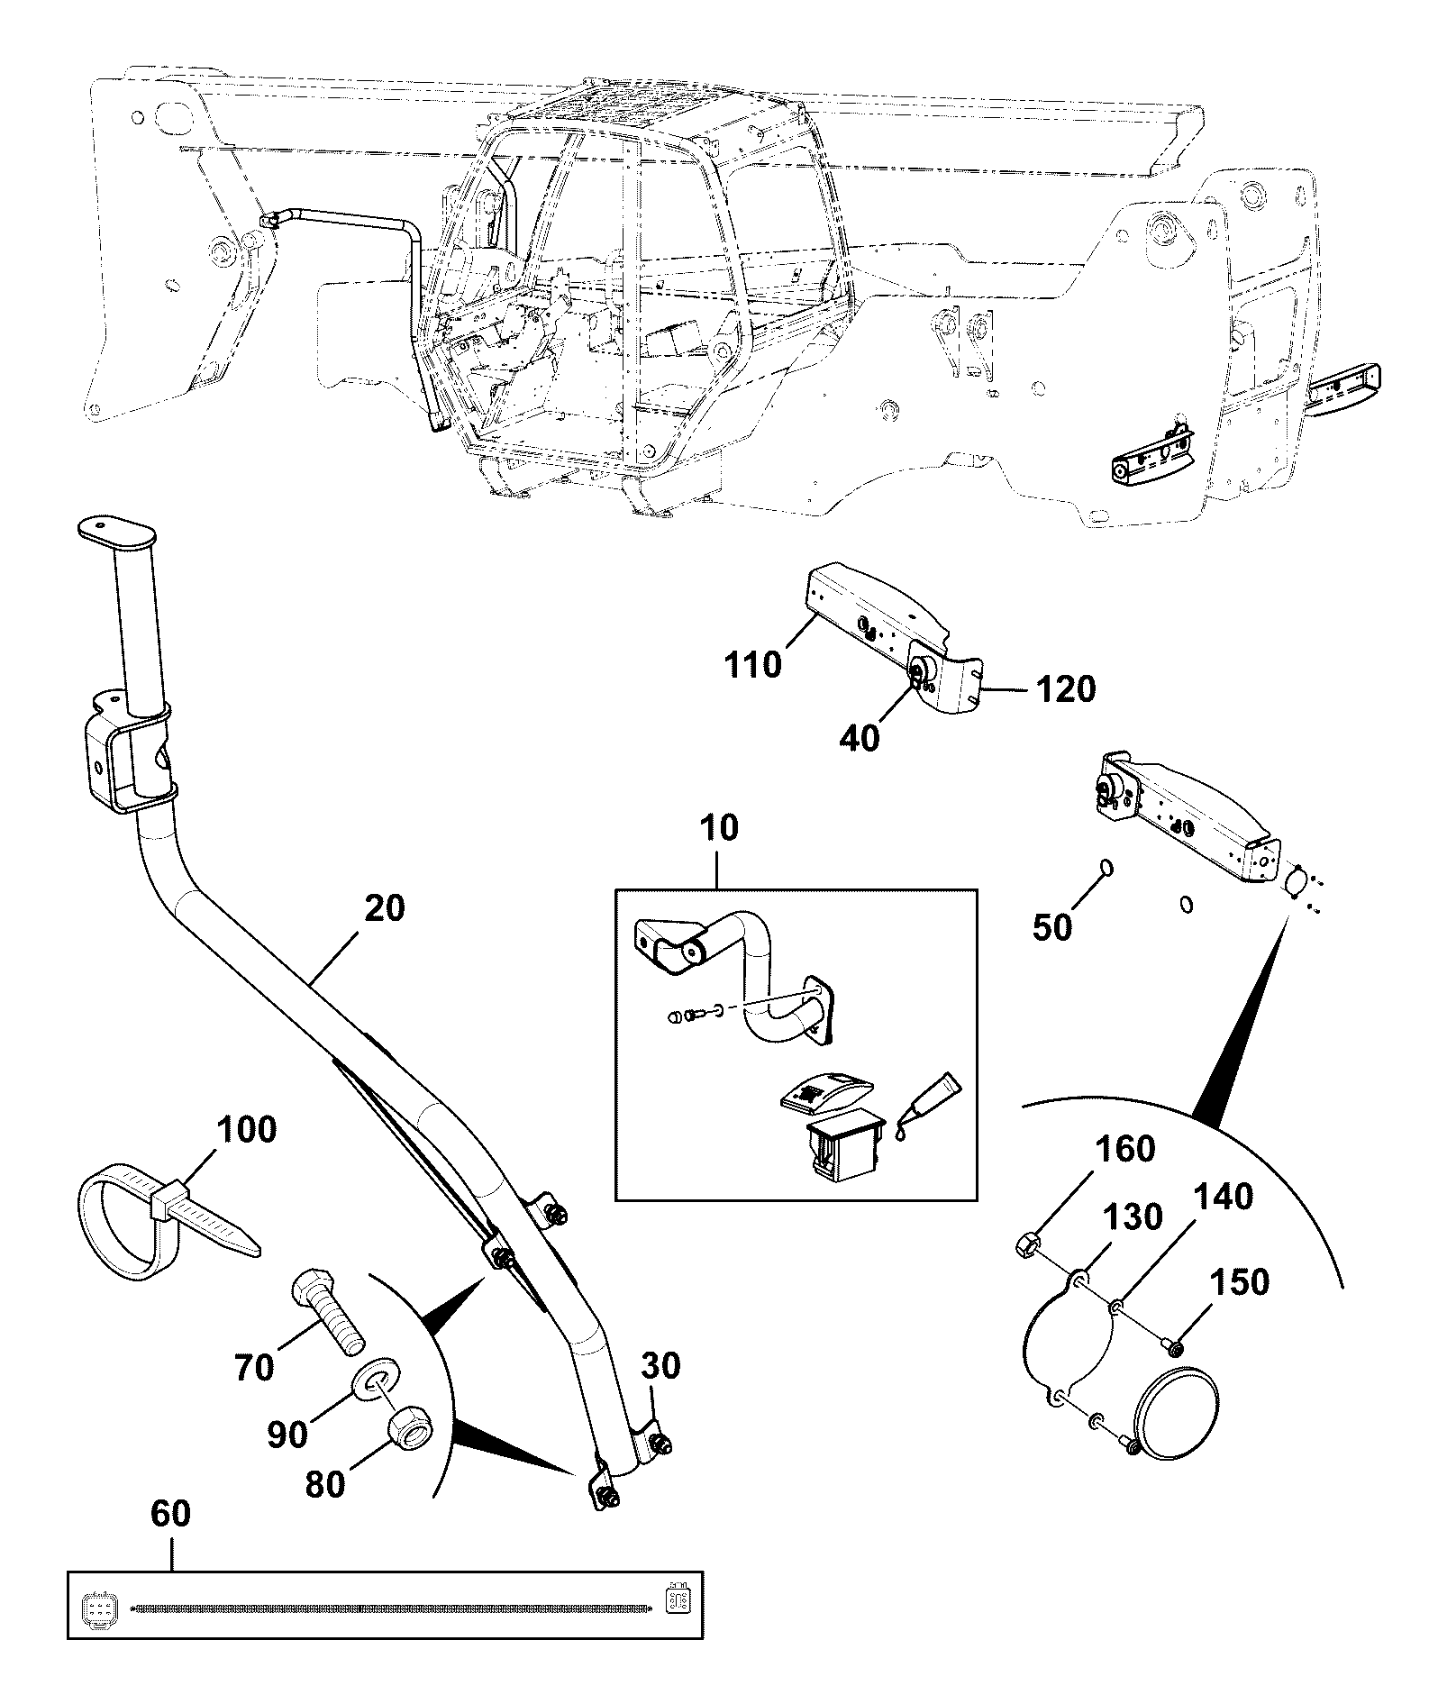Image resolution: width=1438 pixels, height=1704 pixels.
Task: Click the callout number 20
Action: (x=385, y=909)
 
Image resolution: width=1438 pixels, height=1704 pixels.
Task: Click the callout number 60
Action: (x=170, y=1513)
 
